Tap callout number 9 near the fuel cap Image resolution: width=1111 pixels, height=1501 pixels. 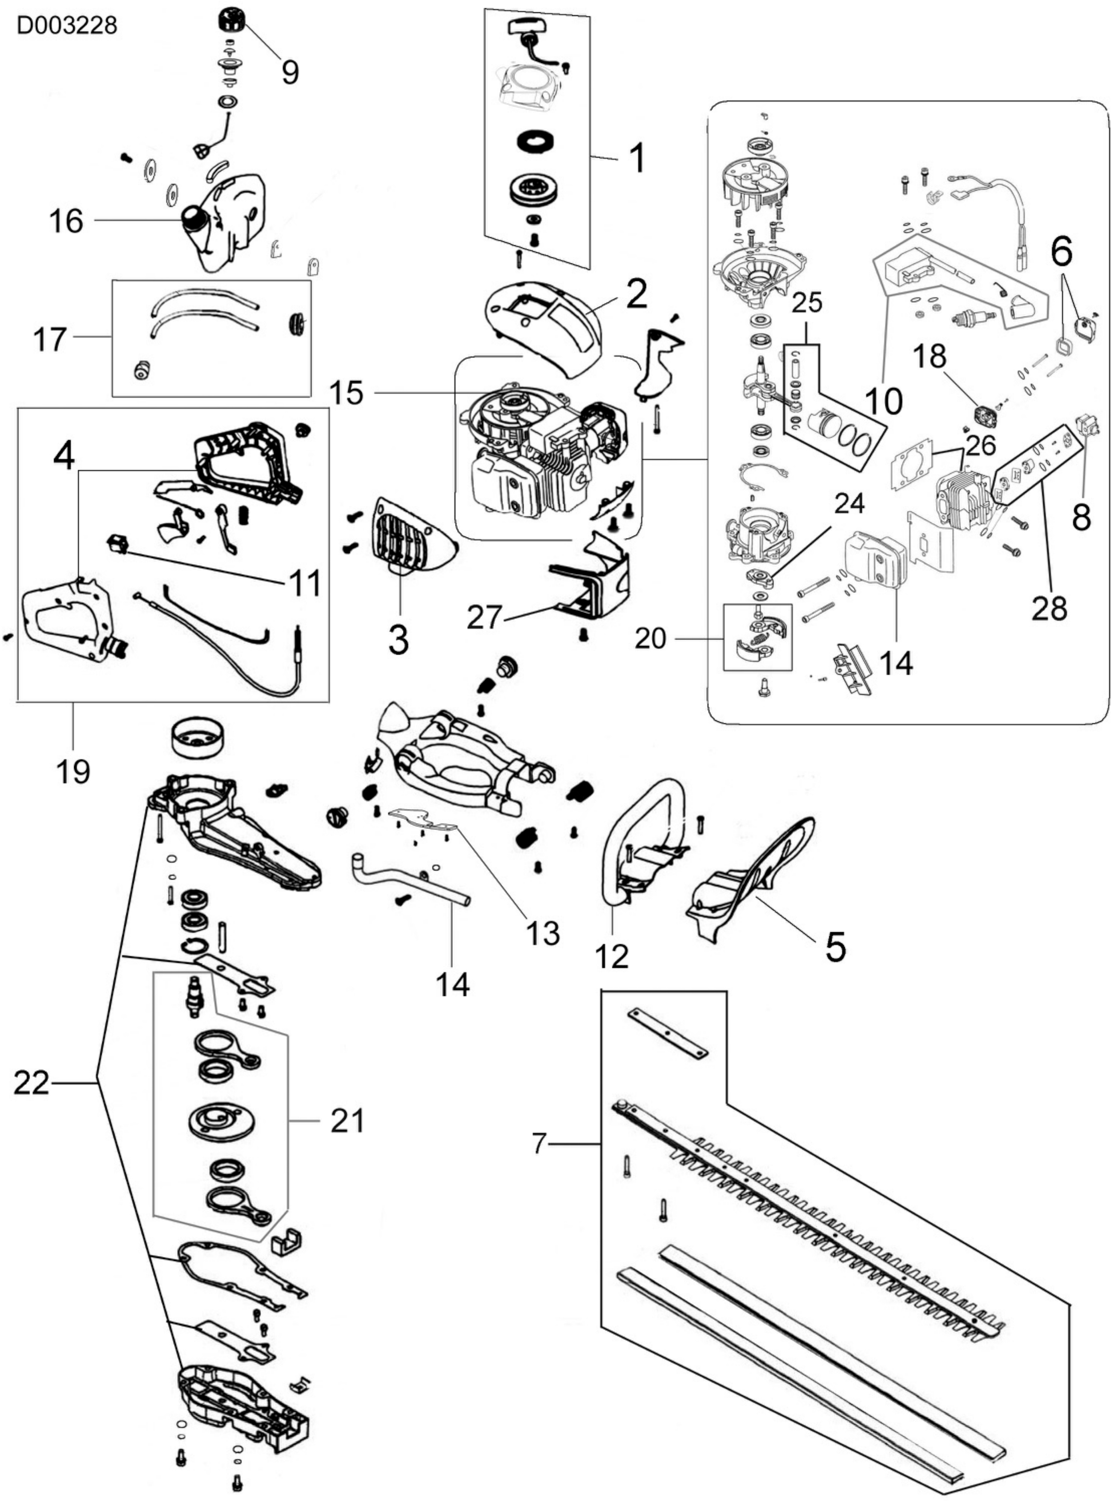(290, 71)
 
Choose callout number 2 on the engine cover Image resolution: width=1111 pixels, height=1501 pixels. (636, 294)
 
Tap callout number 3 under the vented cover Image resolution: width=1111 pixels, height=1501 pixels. (398, 640)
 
